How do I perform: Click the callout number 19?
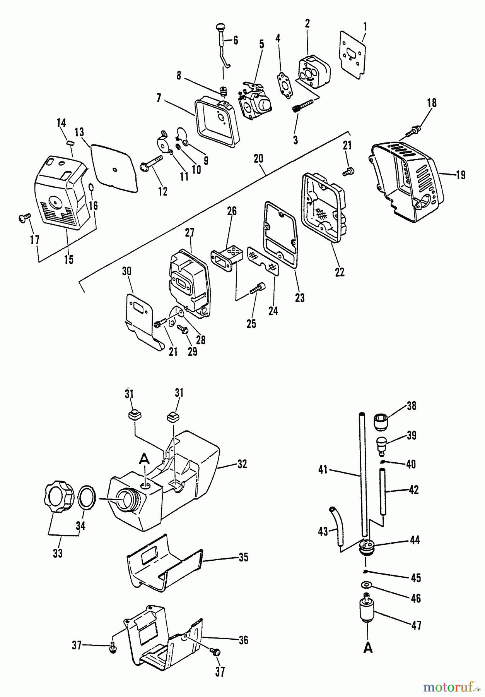pos(460,175)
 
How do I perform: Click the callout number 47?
pos(417,625)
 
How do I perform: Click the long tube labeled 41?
pos(363,476)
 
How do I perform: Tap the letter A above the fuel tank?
pos(144,460)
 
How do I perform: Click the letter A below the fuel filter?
pos(368,647)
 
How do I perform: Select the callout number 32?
pos(242,464)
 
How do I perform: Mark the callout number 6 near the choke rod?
pos(236,41)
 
